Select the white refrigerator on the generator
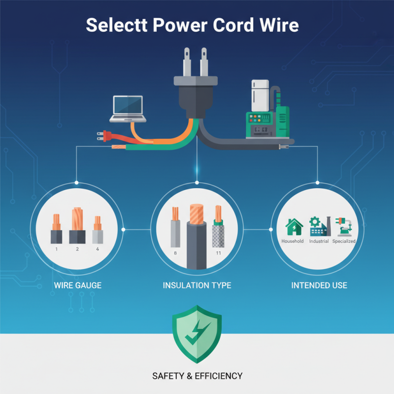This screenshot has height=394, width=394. (x=259, y=96)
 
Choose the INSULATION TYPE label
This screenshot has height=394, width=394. (x=197, y=285)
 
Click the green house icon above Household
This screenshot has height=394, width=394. (x=294, y=227)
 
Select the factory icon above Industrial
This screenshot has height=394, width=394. (x=318, y=227)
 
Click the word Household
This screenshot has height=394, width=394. (x=293, y=241)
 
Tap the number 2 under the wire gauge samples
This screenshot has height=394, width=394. (x=77, y=249)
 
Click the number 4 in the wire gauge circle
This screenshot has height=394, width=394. (x=98, y=249)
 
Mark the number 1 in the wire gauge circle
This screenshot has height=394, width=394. (x=57, y=249)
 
